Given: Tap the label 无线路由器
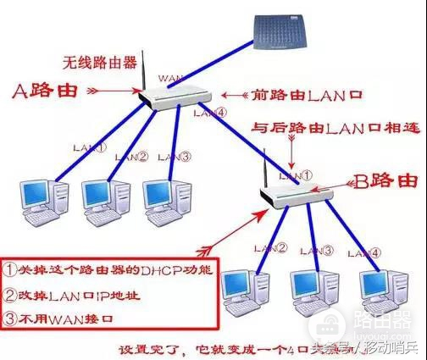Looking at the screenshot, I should [95, 61].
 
